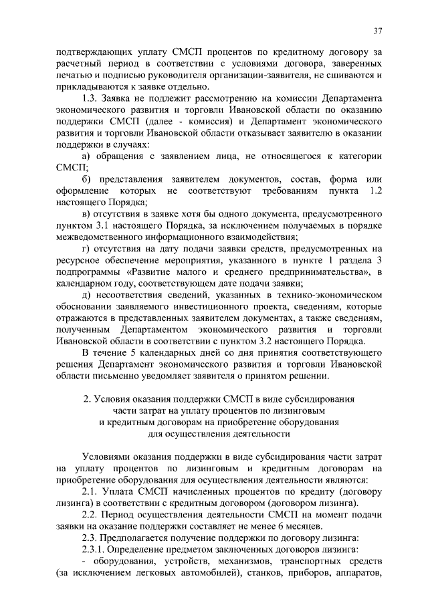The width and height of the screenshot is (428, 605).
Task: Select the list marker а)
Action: pos(88,156)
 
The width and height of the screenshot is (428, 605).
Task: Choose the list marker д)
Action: pos(88,295)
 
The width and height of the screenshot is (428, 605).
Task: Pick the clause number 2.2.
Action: pos(90,515)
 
